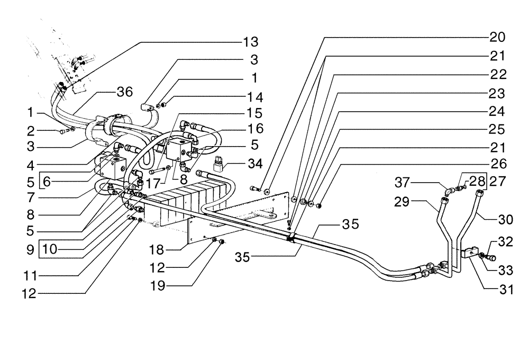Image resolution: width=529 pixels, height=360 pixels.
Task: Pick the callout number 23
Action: click(498, 93)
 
